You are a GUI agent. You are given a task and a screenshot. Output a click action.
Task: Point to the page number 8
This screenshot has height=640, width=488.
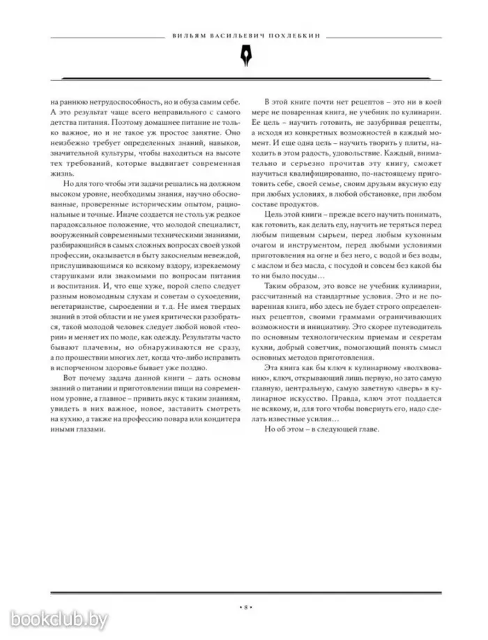pyautogui.click(x=244, y=607)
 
